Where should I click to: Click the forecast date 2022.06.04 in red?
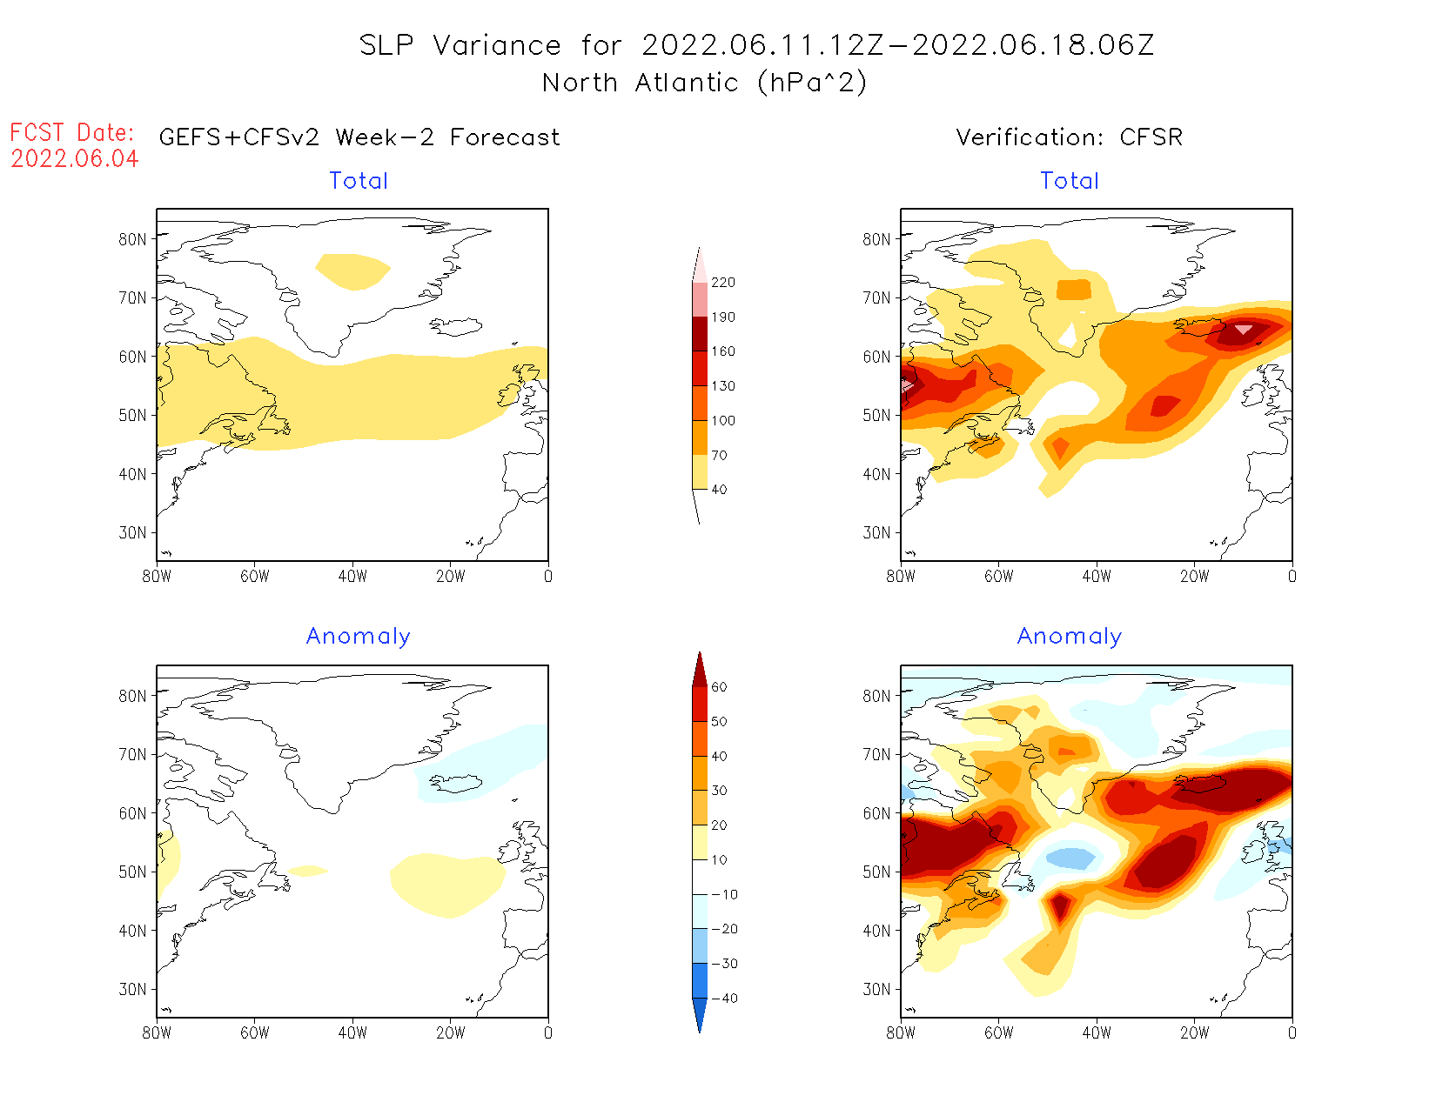[x=75, y=159]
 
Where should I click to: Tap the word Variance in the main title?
[x=497, y=45]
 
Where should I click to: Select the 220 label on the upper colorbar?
[x=722, y=283]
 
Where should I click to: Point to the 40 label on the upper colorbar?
[x=719, y=490]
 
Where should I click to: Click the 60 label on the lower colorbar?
[x=719, y=687]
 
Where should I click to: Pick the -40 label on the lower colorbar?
[x=723, y=999]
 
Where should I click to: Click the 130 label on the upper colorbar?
[x=722, y=386]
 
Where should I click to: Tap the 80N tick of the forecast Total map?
[x=132, y=239]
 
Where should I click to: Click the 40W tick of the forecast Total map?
[x=352, y=576]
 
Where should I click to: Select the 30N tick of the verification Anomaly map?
[x=876, y=990]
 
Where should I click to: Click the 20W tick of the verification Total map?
[x=1194, y=576]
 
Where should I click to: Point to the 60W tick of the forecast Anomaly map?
[x=254, y=1033]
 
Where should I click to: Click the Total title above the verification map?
[x=1070, y=181]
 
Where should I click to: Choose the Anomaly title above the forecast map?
[x=358, y=637]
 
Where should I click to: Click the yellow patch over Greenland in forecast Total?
[x=352, y=271]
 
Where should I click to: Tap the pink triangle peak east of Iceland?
[x=1244, y=329]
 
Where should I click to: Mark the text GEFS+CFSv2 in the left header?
[x=239, y=137]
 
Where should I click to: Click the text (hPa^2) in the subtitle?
[x=812, y=83]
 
